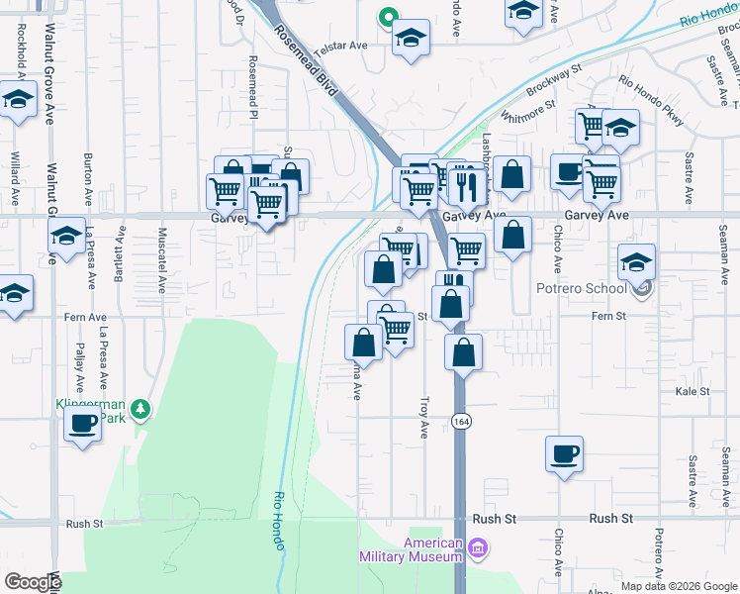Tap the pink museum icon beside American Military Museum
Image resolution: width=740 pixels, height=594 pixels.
(478, 547)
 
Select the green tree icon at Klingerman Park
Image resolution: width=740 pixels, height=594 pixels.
(141, 408)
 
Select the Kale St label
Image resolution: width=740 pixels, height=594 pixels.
(692, 392)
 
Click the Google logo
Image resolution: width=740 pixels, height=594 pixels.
(33, 582)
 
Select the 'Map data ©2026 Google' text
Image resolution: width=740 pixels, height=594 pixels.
(679, 586)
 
